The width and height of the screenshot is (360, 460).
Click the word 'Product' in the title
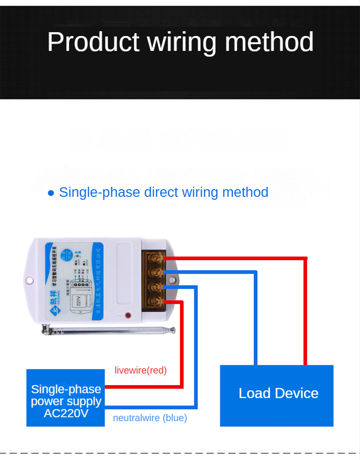(x=93, y=42)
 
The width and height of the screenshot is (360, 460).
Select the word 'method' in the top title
(x=269, y=42)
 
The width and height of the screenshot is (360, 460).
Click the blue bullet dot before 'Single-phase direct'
(x=51, y=193)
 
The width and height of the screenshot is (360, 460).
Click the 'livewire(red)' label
(x=141, y=370)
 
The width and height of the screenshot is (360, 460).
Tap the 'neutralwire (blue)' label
(x=150, y=418)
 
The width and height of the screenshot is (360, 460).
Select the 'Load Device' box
(x=277, y=395)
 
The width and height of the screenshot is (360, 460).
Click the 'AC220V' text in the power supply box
(x=66, y=413)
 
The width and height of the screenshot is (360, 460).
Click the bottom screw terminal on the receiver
(x=155, y=302)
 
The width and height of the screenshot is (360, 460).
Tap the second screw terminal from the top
(x=155, y=273)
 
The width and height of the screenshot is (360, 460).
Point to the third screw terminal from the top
(x=155, y=287)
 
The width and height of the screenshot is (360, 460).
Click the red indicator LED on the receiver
(x=128, y=315)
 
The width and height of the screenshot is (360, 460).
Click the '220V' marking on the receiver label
(x=80, y=301)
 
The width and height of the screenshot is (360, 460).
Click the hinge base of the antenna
(x=46, y=329)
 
